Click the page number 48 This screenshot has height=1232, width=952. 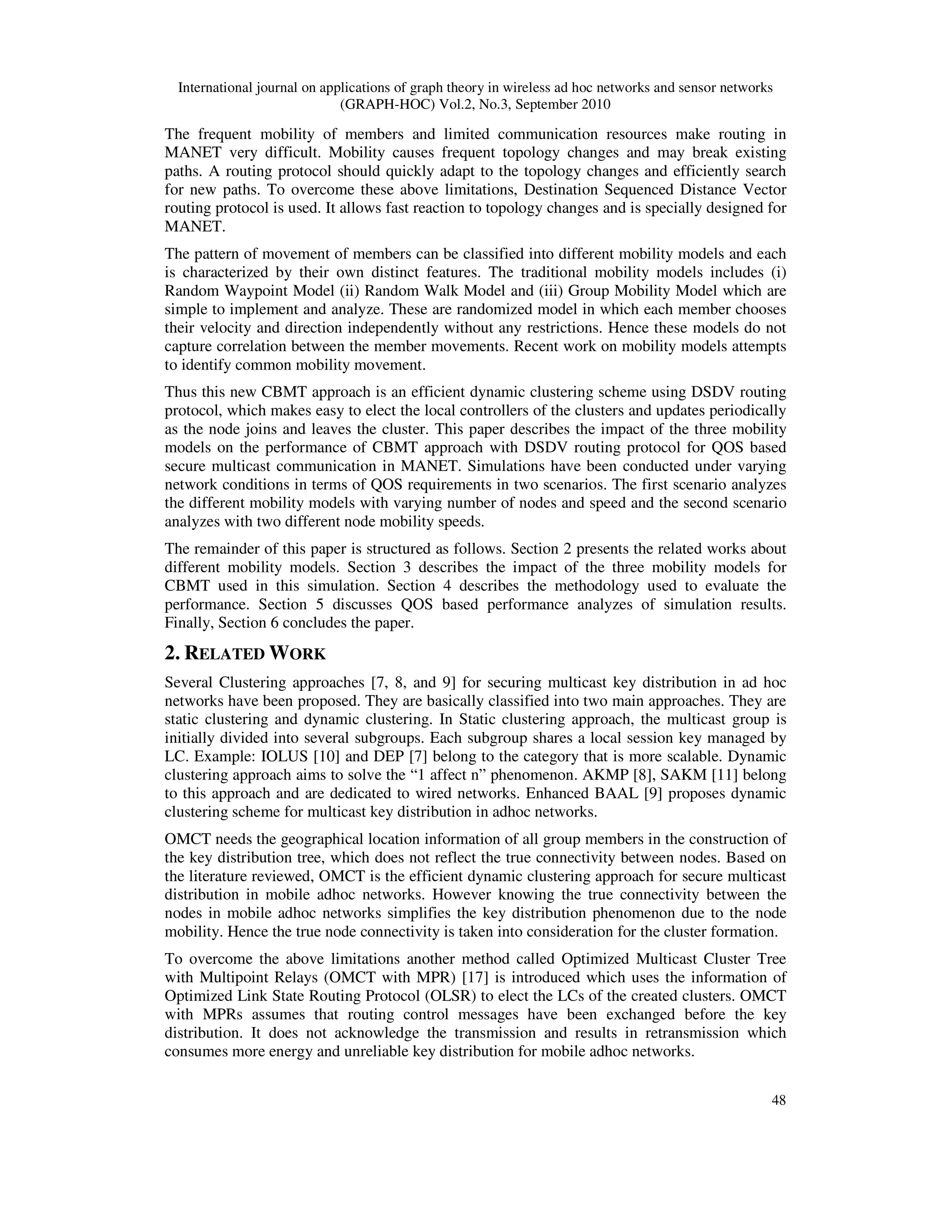pos(778,1100)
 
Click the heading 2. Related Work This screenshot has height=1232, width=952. pos(245,654)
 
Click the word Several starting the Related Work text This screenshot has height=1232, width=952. pos(189,682)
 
